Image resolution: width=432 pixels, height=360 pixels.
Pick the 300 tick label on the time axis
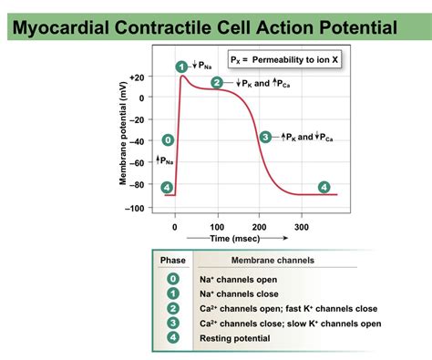coord(301,226)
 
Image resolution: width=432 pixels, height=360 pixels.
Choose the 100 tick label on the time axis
coord(217,226)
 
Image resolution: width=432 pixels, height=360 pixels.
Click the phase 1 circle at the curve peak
coord(181,66)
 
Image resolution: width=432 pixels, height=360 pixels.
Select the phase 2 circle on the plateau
coord(217,83)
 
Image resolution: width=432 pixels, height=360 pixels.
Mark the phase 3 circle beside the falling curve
coord(265,137)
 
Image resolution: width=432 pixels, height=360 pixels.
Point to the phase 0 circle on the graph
coord(167,139)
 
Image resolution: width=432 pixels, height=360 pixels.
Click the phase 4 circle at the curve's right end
coord(324,187)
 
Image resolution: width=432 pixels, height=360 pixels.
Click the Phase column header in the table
coord(173,260)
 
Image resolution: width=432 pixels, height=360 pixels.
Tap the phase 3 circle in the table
coord(173,323)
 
